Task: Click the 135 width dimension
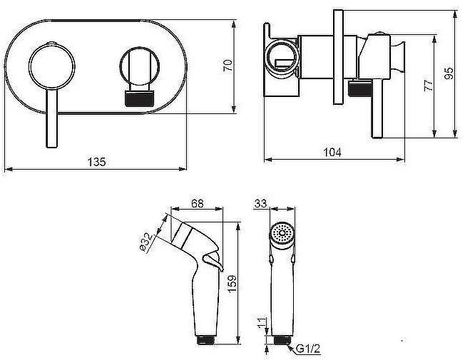[97, 162]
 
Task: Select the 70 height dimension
[228, 66]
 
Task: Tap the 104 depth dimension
[332, 152]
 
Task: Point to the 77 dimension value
[429, 86]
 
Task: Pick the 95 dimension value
[449, 73]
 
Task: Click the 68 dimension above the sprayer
[198, 203]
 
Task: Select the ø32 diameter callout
[146, 242]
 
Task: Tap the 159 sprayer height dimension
[232, 283]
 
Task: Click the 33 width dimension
[261, 203]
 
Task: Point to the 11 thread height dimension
[261, 322]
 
